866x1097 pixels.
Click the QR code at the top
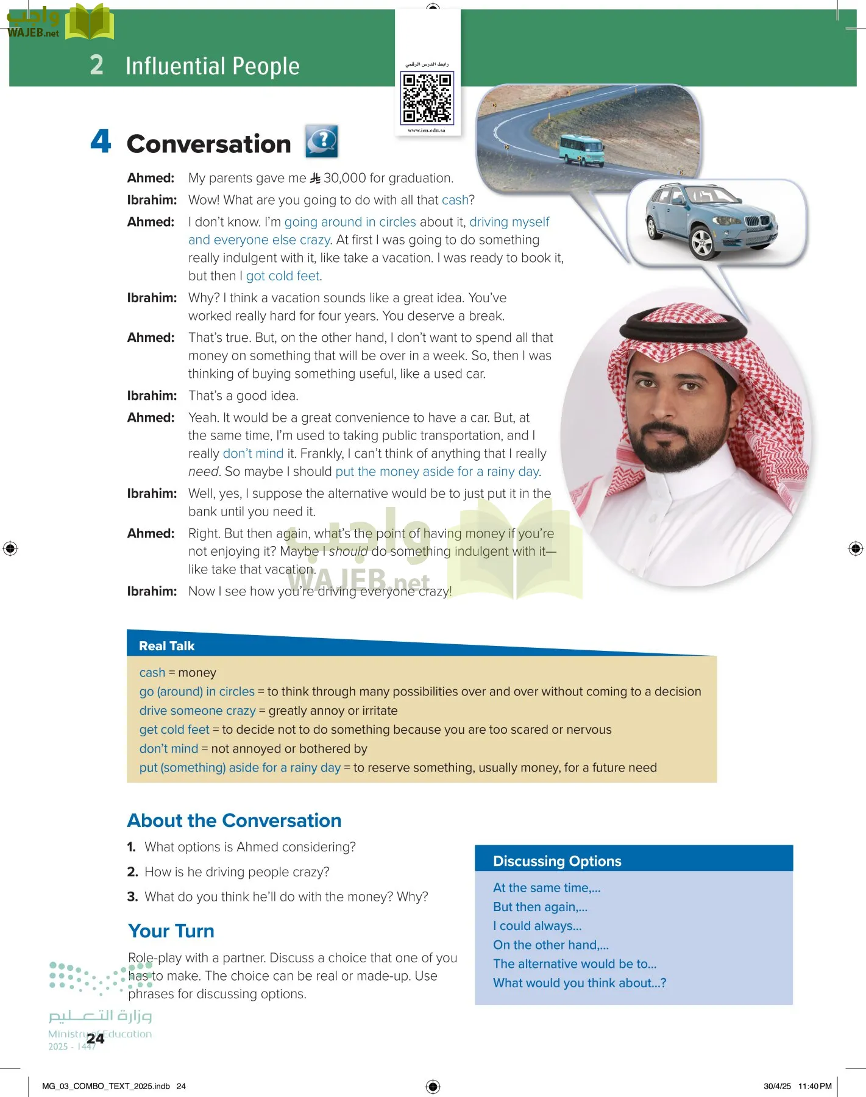(427, 98)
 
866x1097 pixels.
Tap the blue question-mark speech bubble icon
(321, 141)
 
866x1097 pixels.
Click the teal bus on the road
(581, 150)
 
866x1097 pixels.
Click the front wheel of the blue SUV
(702, 243)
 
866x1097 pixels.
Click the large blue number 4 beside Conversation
(101, 141)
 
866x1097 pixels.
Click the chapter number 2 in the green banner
(96, 65)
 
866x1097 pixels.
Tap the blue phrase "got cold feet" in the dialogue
(283, 276)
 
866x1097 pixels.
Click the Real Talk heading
(166, 646)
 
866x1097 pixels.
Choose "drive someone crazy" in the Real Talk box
(197, 711)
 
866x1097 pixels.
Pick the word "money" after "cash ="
(197, 673)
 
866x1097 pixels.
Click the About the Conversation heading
(234, 820)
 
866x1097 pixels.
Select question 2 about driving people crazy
(236, 872)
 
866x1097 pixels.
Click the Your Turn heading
(171, 931)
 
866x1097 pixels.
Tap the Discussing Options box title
(557, 861)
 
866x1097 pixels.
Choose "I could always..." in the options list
(537, 926)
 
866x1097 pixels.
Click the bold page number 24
(96, 1039)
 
